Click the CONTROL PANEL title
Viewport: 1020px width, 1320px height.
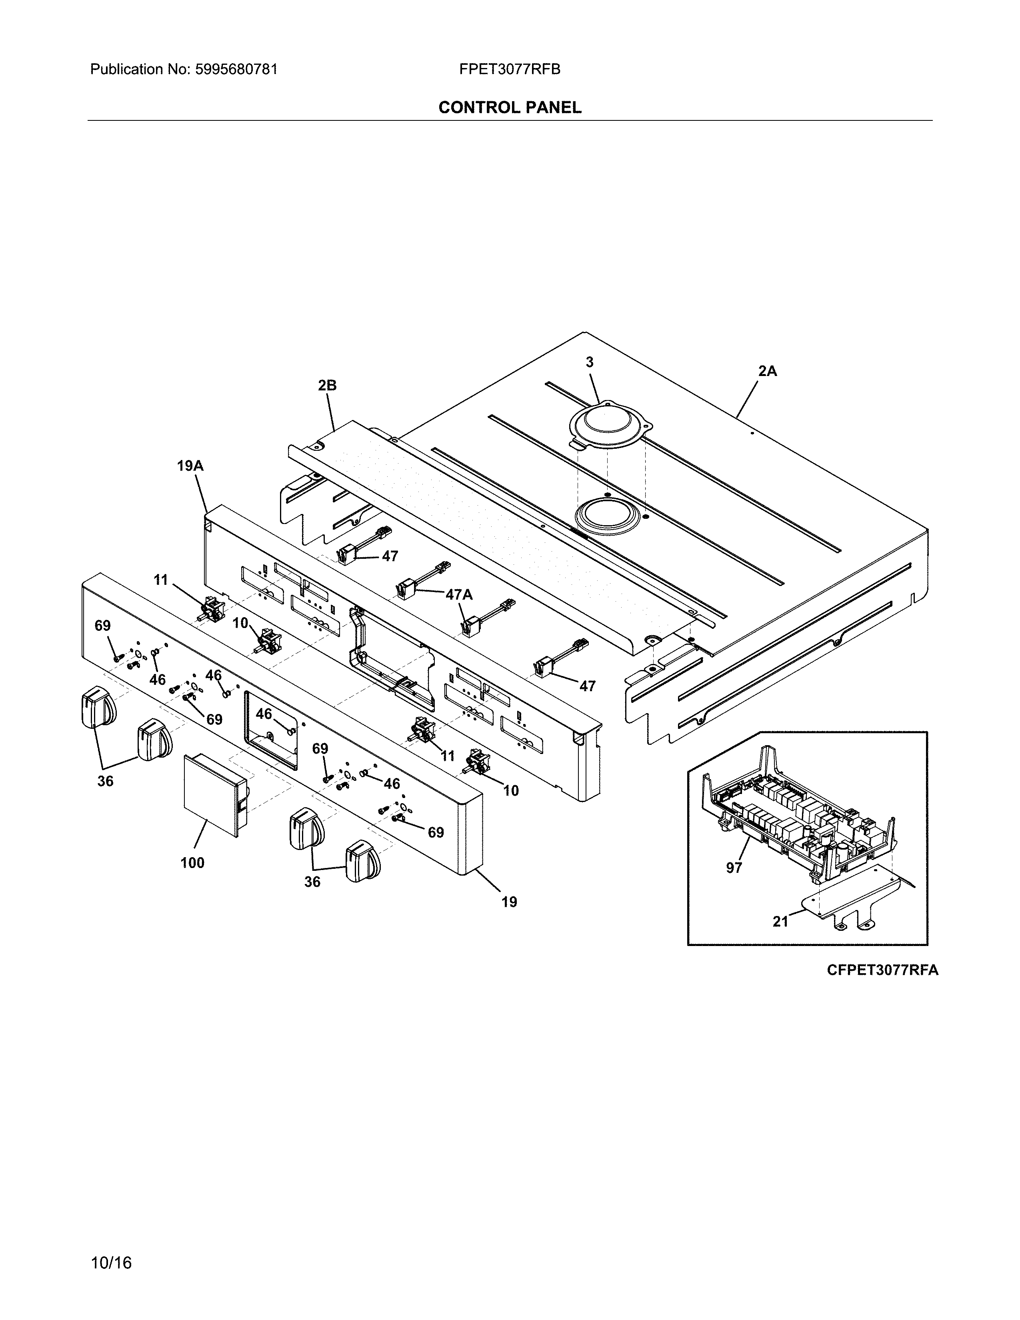click(509, 108)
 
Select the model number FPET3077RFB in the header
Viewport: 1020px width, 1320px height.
click(509, 70)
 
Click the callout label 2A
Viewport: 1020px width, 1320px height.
click(768, 371)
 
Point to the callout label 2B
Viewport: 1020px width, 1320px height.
click(327, 385)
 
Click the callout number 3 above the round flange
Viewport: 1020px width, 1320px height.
click(590, 362)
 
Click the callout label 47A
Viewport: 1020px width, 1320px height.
click(459, 595)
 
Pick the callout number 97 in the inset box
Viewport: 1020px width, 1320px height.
click(734, 868)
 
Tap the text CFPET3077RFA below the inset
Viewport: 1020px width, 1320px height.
click(882, 970)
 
